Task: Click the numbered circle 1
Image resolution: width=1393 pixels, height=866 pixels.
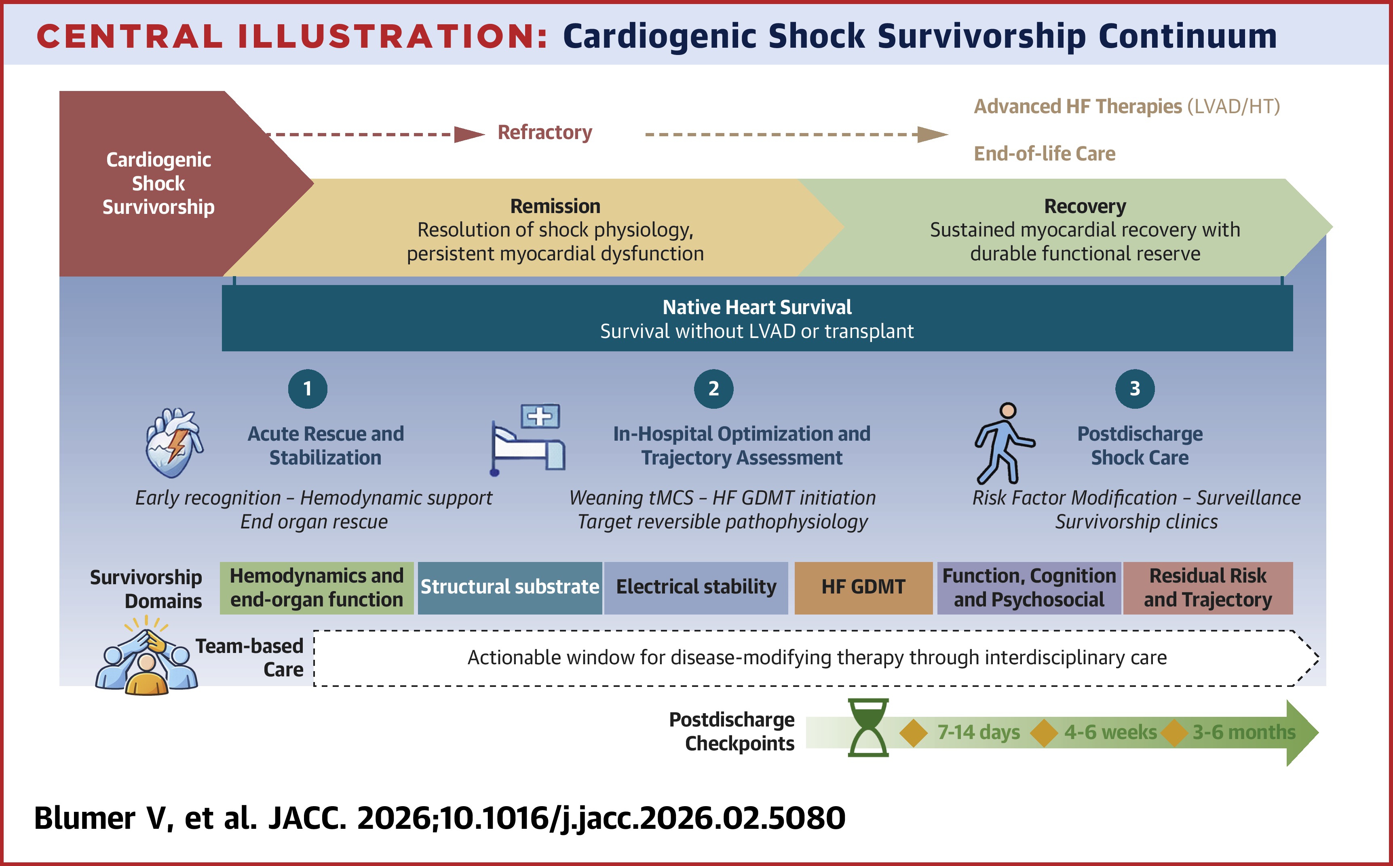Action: [x=308, y=389]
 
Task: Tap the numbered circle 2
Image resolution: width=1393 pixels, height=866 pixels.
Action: [x=713, y=389]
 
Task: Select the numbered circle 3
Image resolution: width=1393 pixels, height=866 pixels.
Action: [x=1135, y=389]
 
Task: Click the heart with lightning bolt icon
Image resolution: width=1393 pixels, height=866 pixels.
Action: [x=173, y=443]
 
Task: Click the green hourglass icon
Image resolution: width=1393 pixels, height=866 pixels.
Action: [x=868, y=727]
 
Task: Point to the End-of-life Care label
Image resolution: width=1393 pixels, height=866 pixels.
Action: [x=1044, y=154]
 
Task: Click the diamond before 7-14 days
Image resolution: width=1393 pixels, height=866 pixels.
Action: [x=914, y=733]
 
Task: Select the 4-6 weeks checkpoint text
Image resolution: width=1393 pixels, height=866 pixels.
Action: [x=1110, y=733]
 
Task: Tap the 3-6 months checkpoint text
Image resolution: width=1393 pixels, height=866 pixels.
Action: [x=1243, y=733]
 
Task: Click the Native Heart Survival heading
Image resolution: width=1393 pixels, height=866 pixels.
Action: [x=757, y=308]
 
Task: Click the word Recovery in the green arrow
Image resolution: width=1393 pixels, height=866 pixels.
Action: [x=1085, y=206]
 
